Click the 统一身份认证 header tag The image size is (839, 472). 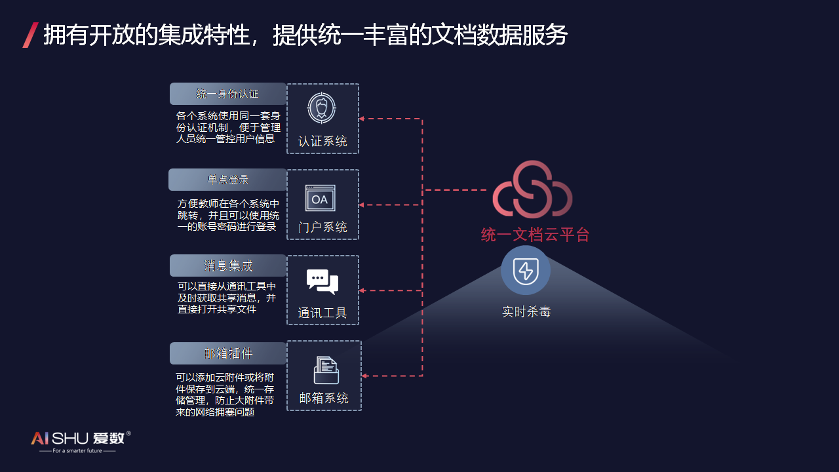click(227, 94)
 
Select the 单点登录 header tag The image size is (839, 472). click(227, 180)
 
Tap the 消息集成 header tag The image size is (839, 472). click(227, 265)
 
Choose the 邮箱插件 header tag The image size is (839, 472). click(227, 353)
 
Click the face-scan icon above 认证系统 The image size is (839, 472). click(322, 108)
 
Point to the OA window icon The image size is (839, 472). click(320, 198)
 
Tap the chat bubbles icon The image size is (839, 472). click(322, 281)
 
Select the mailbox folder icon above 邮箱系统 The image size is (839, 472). click(326, 370)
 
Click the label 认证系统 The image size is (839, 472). click(322, 142)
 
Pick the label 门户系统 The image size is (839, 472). click(322, 227)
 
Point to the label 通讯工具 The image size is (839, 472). click(322, 313)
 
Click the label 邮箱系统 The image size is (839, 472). click(324, 398)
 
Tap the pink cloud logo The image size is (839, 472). click(532, 189)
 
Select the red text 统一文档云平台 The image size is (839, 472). click(535, 235)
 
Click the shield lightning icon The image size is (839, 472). click(526, 271)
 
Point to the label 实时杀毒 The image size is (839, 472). click(526, 312)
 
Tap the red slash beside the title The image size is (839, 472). click(30, 35)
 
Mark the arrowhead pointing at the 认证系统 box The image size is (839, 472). click(362, 119)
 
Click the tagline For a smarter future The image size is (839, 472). click(77, 451)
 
